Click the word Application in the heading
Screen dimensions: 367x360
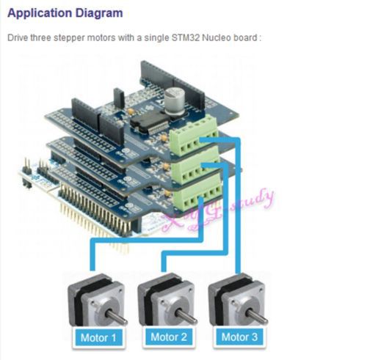point(40,13)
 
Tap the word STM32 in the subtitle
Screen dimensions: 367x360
point(186,38)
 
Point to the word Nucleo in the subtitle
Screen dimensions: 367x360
point(217,38)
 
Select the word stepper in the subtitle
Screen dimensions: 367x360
point(69,38)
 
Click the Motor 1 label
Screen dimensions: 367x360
point(98,338)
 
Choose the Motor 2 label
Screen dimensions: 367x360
point(169,337)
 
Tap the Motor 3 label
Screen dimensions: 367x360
point(239,337)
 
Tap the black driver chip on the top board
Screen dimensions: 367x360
point(149,122)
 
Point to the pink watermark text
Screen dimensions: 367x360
point(218,211)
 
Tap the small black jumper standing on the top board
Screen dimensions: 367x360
point(119,98)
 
